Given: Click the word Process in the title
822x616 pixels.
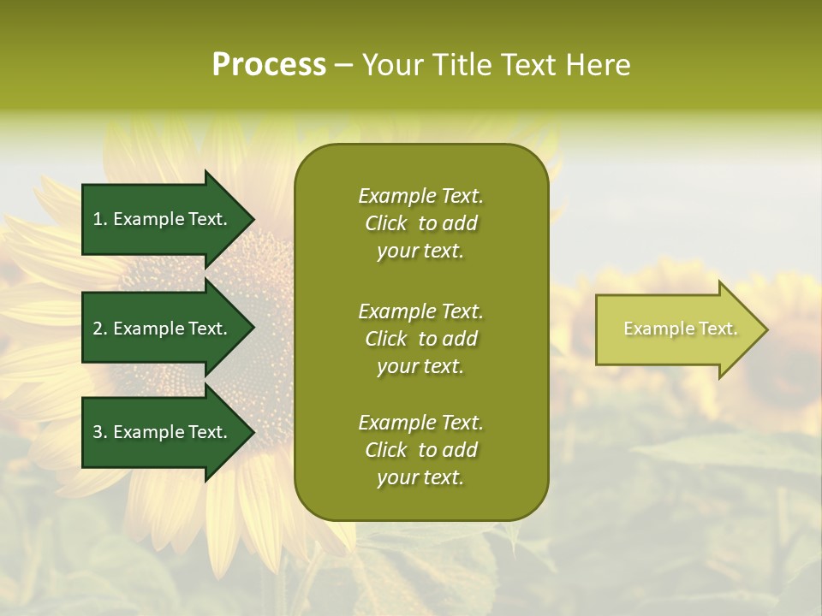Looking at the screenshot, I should click(269, 65).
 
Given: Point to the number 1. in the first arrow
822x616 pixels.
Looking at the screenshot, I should click(100, 219).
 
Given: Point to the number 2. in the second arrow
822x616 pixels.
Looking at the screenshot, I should click(100, 329).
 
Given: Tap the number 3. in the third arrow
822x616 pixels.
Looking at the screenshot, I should click(100, 432).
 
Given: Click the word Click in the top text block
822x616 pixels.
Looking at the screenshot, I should click(385, 223).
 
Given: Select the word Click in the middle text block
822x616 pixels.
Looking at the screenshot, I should click(385, 339).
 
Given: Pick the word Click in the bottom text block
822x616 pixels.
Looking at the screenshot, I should click(385, 450).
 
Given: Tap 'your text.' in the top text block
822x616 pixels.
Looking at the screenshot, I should click(420, 252).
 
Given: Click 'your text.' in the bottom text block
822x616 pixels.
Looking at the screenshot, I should click(420, 478).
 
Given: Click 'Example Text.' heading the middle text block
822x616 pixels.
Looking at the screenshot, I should click(420, 311).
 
